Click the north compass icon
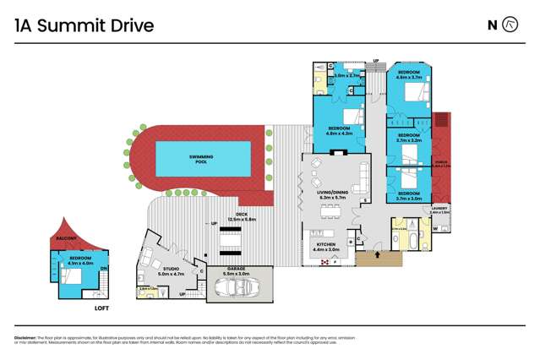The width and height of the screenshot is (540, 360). click(x=510, y=25)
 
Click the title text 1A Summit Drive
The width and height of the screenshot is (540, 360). click(x=85, y=25)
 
